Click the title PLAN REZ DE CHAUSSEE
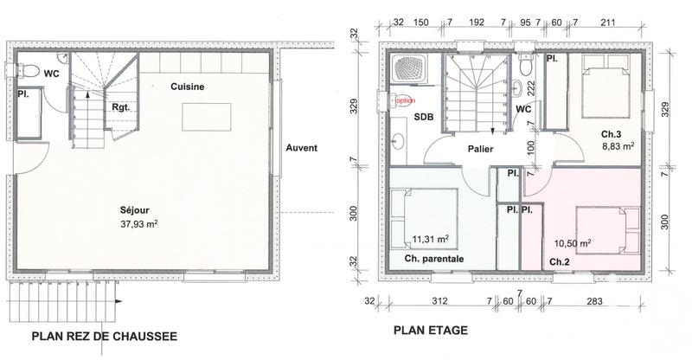click(x=104, y=337)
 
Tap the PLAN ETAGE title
click(x=431, y=330)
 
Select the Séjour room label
click(x=138, y=209)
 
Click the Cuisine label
click(x=187, y=87)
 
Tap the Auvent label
click(x=302, y=148)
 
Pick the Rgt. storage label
click(x=121, y=107)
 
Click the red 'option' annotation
click(x=405, y=100)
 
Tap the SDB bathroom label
click(x=424, y=117)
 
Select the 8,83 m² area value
click(x=618, y=148)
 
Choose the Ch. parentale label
click(x=433, y=258)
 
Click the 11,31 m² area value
click(x=430, y=239)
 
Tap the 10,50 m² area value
click(x=572, y=244)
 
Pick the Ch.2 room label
click(x=558, y=261)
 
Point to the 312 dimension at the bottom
click(x=439, y=302)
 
